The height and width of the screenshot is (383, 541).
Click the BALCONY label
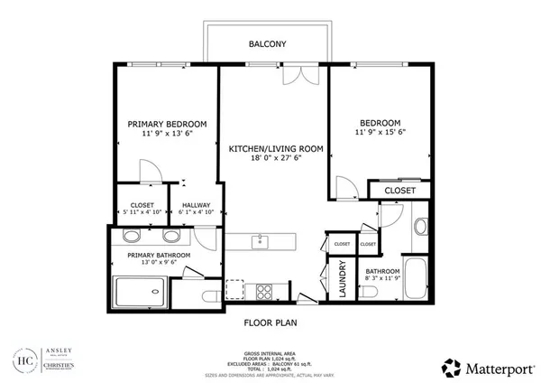(268, 43)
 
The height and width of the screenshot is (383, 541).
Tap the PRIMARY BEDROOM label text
(167, 124)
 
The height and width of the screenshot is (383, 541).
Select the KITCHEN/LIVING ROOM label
(275, 148)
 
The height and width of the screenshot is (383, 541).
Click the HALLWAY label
(196, 205)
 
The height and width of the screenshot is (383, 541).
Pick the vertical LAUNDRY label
(343, 278)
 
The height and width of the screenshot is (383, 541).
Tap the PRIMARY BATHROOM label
(159, 256)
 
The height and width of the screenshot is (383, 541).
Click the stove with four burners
(266, 291)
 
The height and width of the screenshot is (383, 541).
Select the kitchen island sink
(260, 240)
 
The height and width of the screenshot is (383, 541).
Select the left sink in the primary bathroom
(131, 237)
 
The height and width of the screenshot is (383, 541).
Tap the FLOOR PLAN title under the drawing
(271, 322)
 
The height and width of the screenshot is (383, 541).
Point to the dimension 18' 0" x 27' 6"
(275, 159)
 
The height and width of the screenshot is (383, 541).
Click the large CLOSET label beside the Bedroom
(399, 191)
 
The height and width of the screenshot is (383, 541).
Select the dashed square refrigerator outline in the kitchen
(234, 289)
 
